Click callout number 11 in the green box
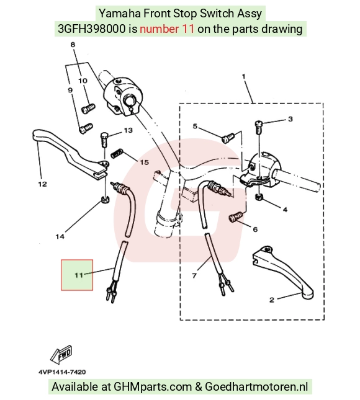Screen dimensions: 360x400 (79, 275)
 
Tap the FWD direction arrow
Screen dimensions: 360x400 (61, 355)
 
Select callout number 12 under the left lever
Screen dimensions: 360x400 (43, 184)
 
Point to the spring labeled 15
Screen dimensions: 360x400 (117, 153)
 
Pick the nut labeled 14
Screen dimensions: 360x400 (105, 199)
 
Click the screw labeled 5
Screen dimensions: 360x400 (228, 138)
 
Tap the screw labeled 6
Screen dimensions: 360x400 (235, 217)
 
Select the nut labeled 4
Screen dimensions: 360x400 (259, 197)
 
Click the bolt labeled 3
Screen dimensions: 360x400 (258, 127)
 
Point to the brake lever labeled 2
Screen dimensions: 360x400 (283, 272)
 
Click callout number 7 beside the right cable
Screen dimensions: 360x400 (194, 275)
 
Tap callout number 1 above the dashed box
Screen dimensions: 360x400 (243, 76)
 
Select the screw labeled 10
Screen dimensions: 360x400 (88, 109)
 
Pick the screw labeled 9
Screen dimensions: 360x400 (86, 128)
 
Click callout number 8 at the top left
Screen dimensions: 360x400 (73, 45)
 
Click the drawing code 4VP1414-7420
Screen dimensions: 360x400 (62, 372)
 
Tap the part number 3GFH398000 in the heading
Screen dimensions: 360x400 (92, 29)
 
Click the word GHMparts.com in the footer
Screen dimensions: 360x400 (153, 386)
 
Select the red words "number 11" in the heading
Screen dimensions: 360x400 (167, 29)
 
